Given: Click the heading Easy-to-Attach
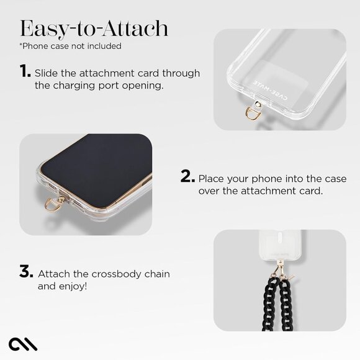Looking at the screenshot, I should click(93, 27).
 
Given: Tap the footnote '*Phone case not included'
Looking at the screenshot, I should click(70, 46).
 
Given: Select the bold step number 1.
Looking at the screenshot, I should click(25, 73).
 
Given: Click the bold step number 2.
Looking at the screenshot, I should click(188, 177).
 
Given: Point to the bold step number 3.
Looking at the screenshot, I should click(26, 272).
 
